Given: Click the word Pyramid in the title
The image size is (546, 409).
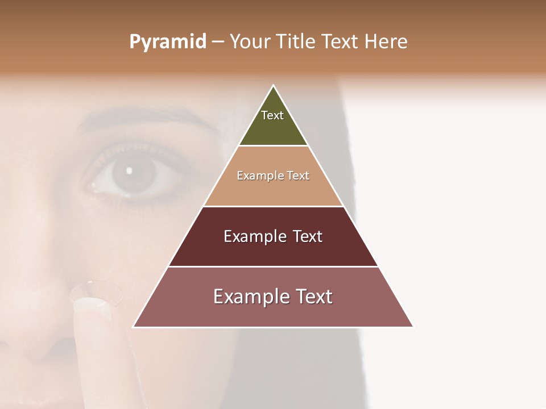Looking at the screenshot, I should click(167, 42).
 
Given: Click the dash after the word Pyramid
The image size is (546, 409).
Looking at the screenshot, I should click(218, 42).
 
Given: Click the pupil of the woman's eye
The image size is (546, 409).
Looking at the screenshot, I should click(134, 172).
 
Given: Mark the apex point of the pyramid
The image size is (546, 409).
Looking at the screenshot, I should click(273, 86).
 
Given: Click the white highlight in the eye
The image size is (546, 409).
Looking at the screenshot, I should click(129, 169).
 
